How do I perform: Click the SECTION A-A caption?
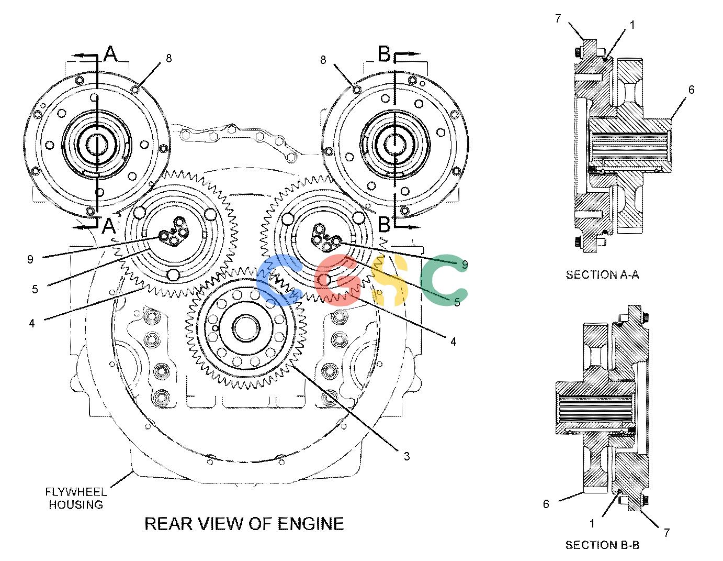(x=602, y=274)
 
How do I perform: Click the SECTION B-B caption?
(x=602, y=545)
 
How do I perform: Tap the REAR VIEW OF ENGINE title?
(x=244, y=524)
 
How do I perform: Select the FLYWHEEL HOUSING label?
(x=76, y=498)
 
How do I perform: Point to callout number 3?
(x=406, y=456)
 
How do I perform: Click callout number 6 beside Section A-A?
(x=692, y=90)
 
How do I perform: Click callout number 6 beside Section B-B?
(x=546, y=504)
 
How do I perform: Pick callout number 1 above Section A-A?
(x=632, y=25)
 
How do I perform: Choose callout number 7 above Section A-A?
(x=558, y=19)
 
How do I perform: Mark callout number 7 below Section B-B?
(x=667, y=533)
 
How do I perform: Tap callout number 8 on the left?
(x=168, y=58)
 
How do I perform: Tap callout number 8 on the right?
(x=323, y=60)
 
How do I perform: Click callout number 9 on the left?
(x=30, y=259)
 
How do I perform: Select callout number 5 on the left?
(x=35, y=289)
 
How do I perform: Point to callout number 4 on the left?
(x=31, y=323)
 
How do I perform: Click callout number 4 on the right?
(x=453, y=342)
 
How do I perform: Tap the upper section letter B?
(x=385, y=53)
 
